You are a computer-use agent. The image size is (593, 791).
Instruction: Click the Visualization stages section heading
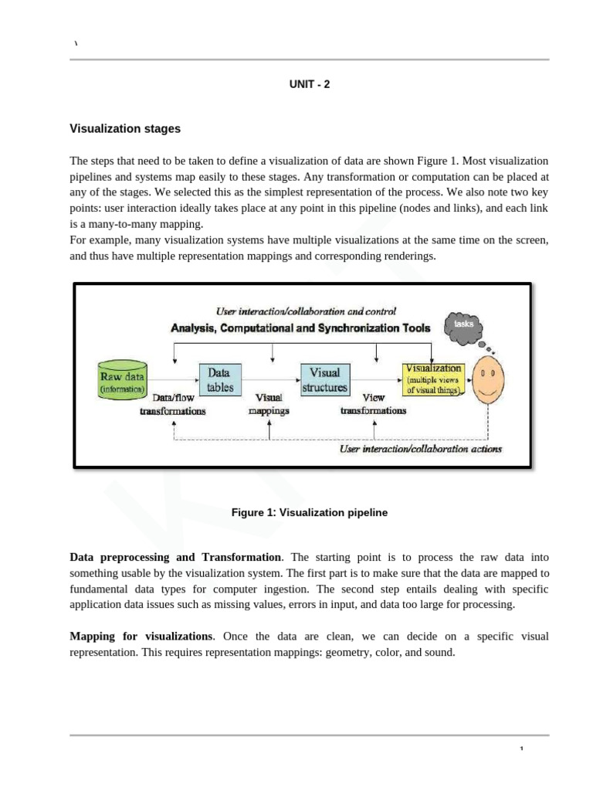[125, 129]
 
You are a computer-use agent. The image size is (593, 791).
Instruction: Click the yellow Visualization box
[433, 379]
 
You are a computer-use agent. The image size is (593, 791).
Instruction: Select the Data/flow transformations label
[172, 405]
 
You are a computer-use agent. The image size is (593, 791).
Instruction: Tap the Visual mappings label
[269, 405]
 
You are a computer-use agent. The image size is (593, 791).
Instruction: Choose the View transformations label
[373, 405]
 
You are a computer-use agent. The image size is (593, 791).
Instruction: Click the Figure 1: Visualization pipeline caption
[309, 512]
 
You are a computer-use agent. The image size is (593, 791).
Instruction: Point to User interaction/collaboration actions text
[421, 449]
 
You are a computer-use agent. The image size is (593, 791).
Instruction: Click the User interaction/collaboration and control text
[307, 311]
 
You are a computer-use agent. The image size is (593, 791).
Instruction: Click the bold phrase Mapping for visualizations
[141, 637]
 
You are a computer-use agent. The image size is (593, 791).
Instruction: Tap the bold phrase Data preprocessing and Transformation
[175, 557]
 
